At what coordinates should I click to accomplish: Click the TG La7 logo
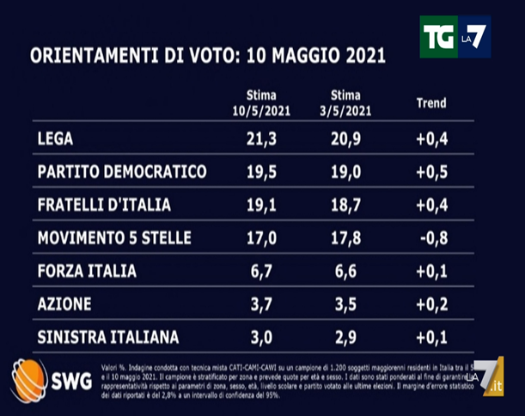tap(455, 36)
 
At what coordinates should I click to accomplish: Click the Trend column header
tap(430, 102)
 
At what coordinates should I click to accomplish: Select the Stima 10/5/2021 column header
tap(261, 103)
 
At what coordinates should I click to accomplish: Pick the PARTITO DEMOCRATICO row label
tap(122, 172)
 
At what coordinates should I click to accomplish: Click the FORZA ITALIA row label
tap(87, 272)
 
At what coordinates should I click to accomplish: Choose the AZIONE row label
tap(66, 304)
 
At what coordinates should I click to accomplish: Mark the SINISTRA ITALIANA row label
tap(106, 337)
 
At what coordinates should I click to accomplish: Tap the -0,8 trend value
tap(431, 238)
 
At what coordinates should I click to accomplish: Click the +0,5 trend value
tap(431, 172)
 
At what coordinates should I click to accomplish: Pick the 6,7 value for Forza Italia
tap(261, 272)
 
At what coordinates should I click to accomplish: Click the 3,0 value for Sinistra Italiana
tap(261, 337)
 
